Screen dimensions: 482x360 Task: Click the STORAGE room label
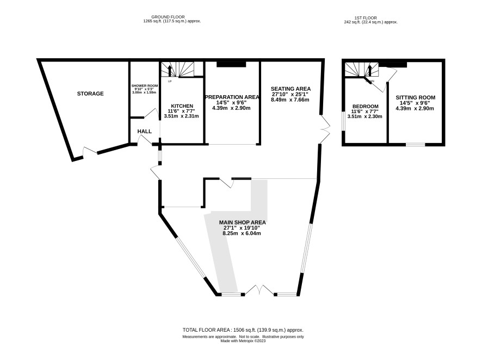[90, 94]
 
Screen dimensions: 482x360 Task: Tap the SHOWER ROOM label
[145, 86]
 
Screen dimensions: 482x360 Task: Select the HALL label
[145, 132]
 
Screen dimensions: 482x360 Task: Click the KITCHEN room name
[182, 106]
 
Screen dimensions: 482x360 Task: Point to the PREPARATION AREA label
[232, 97]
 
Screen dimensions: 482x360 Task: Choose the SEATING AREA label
[291, 89]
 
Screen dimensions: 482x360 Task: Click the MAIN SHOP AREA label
[242, 222]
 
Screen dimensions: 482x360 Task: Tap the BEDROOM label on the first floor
[365, 107]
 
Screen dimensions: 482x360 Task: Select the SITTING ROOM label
[415, 98]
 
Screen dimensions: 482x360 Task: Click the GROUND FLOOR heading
[168, 17]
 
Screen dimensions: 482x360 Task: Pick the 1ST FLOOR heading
[366, 18]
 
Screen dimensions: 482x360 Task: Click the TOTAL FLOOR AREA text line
[243, 330]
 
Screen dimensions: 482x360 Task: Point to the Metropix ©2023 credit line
[243, 340]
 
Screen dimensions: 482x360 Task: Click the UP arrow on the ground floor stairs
[169, 70]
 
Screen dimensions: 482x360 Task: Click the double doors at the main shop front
[259, 290]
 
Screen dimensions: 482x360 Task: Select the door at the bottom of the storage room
[90, 151]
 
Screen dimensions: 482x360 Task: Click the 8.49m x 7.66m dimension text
[290, 100]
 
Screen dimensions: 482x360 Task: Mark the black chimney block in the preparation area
[231, 64]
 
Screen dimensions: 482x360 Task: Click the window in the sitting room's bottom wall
[416, 144]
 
